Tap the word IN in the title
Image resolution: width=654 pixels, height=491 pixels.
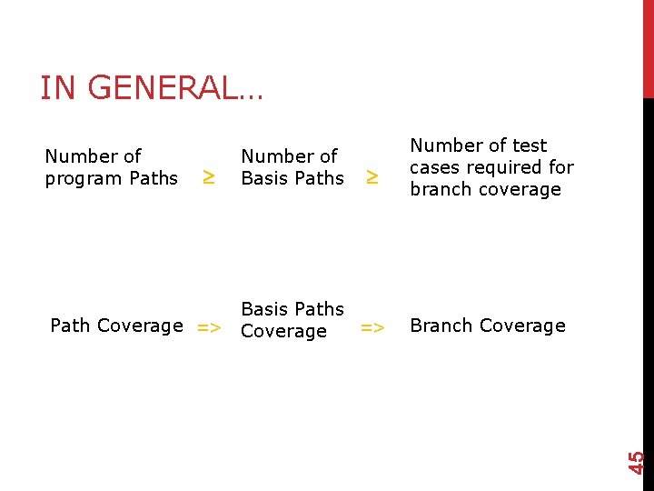[x=57, y=88]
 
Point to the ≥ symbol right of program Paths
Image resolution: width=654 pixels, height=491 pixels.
[x=208, y=178]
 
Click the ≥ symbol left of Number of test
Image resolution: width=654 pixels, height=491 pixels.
[x=371, y=178]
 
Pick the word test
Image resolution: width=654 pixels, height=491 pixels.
[x=530, y=145]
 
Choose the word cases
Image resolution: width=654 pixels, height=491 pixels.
[x=436, y=167]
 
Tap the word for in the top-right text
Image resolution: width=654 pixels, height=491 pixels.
[x=561, y=167]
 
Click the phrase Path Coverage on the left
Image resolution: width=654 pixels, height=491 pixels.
[x=116, y=326]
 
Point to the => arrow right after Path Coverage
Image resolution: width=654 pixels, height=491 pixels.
[x=208, y=327]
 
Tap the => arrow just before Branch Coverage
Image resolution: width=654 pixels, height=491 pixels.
[x=372, y=327]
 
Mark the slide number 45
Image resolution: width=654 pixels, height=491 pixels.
[x=638, y=461]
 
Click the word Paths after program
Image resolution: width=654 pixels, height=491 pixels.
[x=154, y=178]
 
